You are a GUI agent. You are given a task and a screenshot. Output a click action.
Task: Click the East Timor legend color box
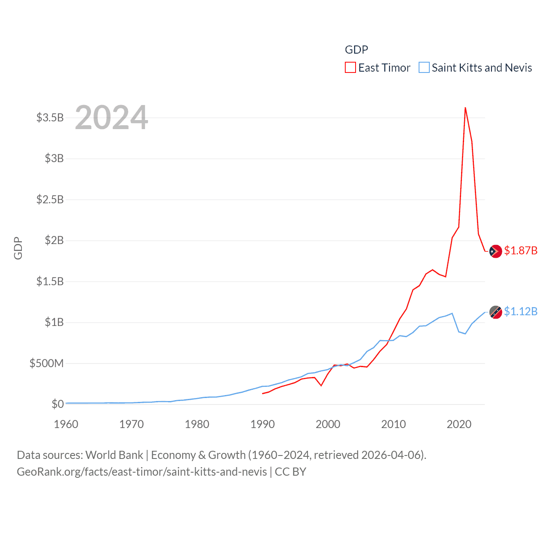click(350, 68)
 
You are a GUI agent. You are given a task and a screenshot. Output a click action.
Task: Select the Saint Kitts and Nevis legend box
click(424, 68)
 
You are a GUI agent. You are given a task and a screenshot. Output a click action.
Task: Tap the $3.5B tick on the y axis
click(50, 118)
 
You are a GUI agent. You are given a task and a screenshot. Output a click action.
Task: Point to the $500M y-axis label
click(46, 364)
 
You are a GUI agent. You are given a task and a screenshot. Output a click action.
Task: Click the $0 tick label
click(57, 404)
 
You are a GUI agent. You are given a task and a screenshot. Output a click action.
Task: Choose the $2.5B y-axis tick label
click(50, 199)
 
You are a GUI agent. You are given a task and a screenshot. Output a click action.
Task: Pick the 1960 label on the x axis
click(66, 424)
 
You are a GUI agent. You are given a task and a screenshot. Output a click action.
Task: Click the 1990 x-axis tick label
click(262, 424)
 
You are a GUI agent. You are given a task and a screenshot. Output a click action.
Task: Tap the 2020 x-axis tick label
click(459, 424)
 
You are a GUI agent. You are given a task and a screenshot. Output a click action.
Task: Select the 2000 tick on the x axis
click(328, 424)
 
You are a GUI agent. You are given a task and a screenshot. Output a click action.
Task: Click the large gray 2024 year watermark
click(112, 118)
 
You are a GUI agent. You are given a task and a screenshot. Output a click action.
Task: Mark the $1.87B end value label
click(521, 250)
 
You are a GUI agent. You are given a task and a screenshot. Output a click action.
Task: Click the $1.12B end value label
click(521, 311)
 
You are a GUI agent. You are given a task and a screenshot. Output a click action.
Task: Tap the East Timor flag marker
click(496, 251)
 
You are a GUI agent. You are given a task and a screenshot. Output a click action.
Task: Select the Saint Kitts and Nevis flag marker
click(496, 312)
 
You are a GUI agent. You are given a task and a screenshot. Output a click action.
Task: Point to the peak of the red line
click(465, 108)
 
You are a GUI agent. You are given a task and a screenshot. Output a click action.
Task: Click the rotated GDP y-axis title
click(18, 248)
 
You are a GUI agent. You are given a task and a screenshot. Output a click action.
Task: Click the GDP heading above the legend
click(356, 50)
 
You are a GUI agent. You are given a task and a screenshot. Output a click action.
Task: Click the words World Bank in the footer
click(115, 455)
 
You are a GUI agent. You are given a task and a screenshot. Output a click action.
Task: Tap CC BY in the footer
click(290, 472)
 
